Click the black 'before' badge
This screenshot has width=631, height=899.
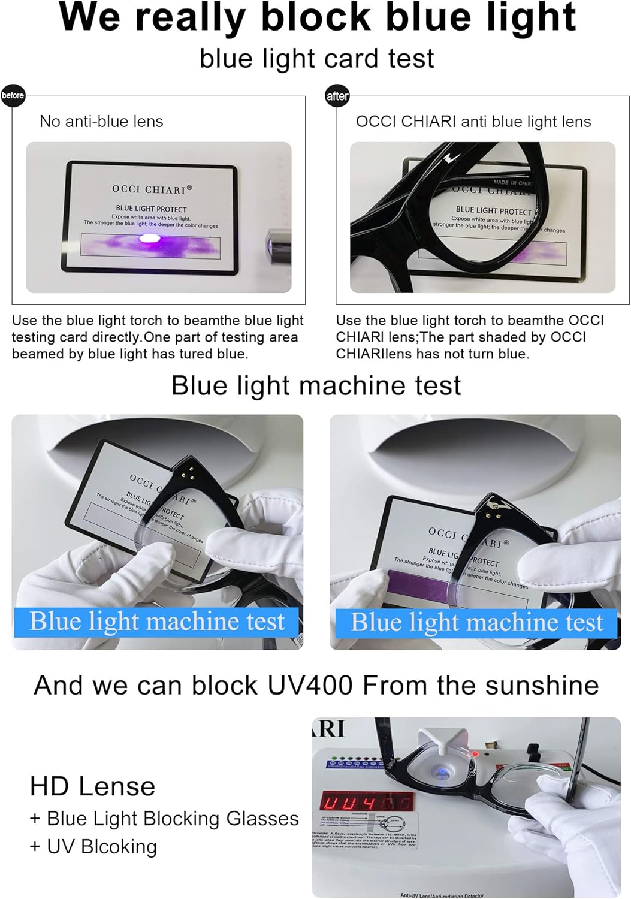[x=13, y=95]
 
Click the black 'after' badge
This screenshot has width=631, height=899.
[x=337, y=96]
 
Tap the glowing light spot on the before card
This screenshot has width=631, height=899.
[x=145, y=240]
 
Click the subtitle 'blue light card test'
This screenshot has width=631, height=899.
[x=316, y=58]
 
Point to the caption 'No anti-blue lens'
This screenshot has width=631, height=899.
[x=101, y=122]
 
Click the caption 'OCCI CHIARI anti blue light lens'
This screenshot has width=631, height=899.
[x=473, y=122]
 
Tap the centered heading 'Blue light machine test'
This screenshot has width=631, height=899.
[x=316, y=385]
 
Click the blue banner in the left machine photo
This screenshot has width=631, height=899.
[x=156, y=622]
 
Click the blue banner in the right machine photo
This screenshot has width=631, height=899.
[x=476, y=622]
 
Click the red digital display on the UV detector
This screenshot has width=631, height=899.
[x=367, y=801]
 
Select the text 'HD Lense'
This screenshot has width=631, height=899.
[x=93, y=786]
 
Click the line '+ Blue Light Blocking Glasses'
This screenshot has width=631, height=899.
[x=164, y=819]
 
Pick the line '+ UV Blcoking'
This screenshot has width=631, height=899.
[x=93, y=847]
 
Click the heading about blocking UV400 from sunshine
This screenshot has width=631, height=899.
[x=316, y=685]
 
